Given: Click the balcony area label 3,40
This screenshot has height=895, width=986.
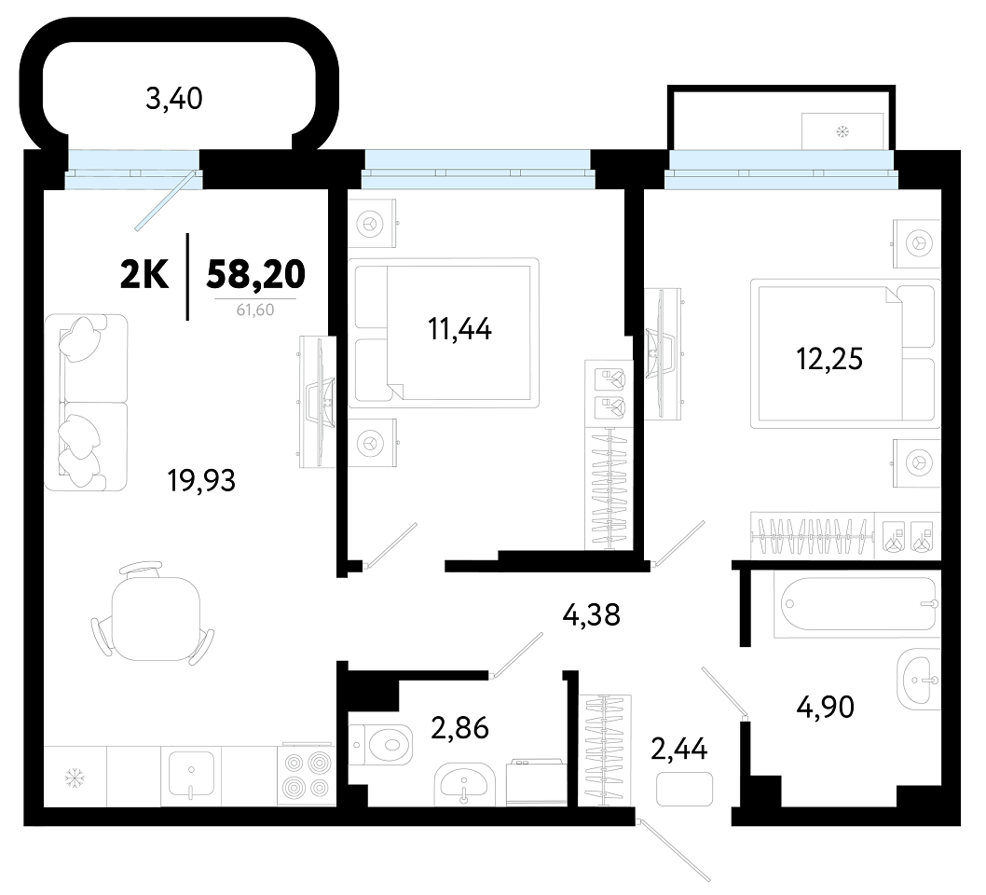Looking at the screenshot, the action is (x=173, y=100).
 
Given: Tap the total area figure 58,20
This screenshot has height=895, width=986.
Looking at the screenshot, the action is (x=256, y=273).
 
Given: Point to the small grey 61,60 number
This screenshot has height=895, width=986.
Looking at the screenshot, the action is (x=255, y=310).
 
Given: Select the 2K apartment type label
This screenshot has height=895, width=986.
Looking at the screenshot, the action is (x=144, y=275).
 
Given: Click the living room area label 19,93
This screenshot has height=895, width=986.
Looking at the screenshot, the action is (x=201, y=480).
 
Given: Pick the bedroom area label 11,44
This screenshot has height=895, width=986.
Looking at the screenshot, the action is (x=459, y=328).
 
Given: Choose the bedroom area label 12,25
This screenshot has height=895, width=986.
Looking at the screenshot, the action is (x=829, y=359).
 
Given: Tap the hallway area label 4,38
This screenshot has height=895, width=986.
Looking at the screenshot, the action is (x=591, y=614).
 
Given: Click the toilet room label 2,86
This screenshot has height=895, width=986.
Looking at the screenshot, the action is (x=459, y=728).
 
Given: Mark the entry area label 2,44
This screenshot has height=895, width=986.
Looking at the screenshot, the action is (x=679, y=749).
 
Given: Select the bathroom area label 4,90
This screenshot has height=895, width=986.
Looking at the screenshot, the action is (x=825, y=707).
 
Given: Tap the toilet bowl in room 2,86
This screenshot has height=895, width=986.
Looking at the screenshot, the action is (x=380, y=743).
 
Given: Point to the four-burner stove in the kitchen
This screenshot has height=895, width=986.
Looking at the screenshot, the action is (x=307, y=774).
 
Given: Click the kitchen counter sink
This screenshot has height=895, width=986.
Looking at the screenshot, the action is (x=191, y=774).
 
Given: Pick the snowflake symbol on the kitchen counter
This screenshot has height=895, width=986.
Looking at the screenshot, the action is (x=75, y=779).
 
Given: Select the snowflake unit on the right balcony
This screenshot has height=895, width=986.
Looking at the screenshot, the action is (x=842, y=131).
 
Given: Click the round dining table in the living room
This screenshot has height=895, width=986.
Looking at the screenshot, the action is (x=156, y=619).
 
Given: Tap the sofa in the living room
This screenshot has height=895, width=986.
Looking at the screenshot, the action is (x=86, y=403).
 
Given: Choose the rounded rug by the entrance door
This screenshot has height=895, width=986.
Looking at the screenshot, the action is (x=685, y=790).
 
